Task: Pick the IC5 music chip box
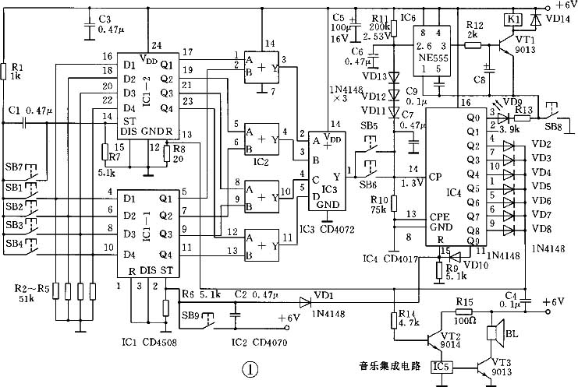coord(442,364)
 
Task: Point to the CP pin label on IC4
coord(435,176)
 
